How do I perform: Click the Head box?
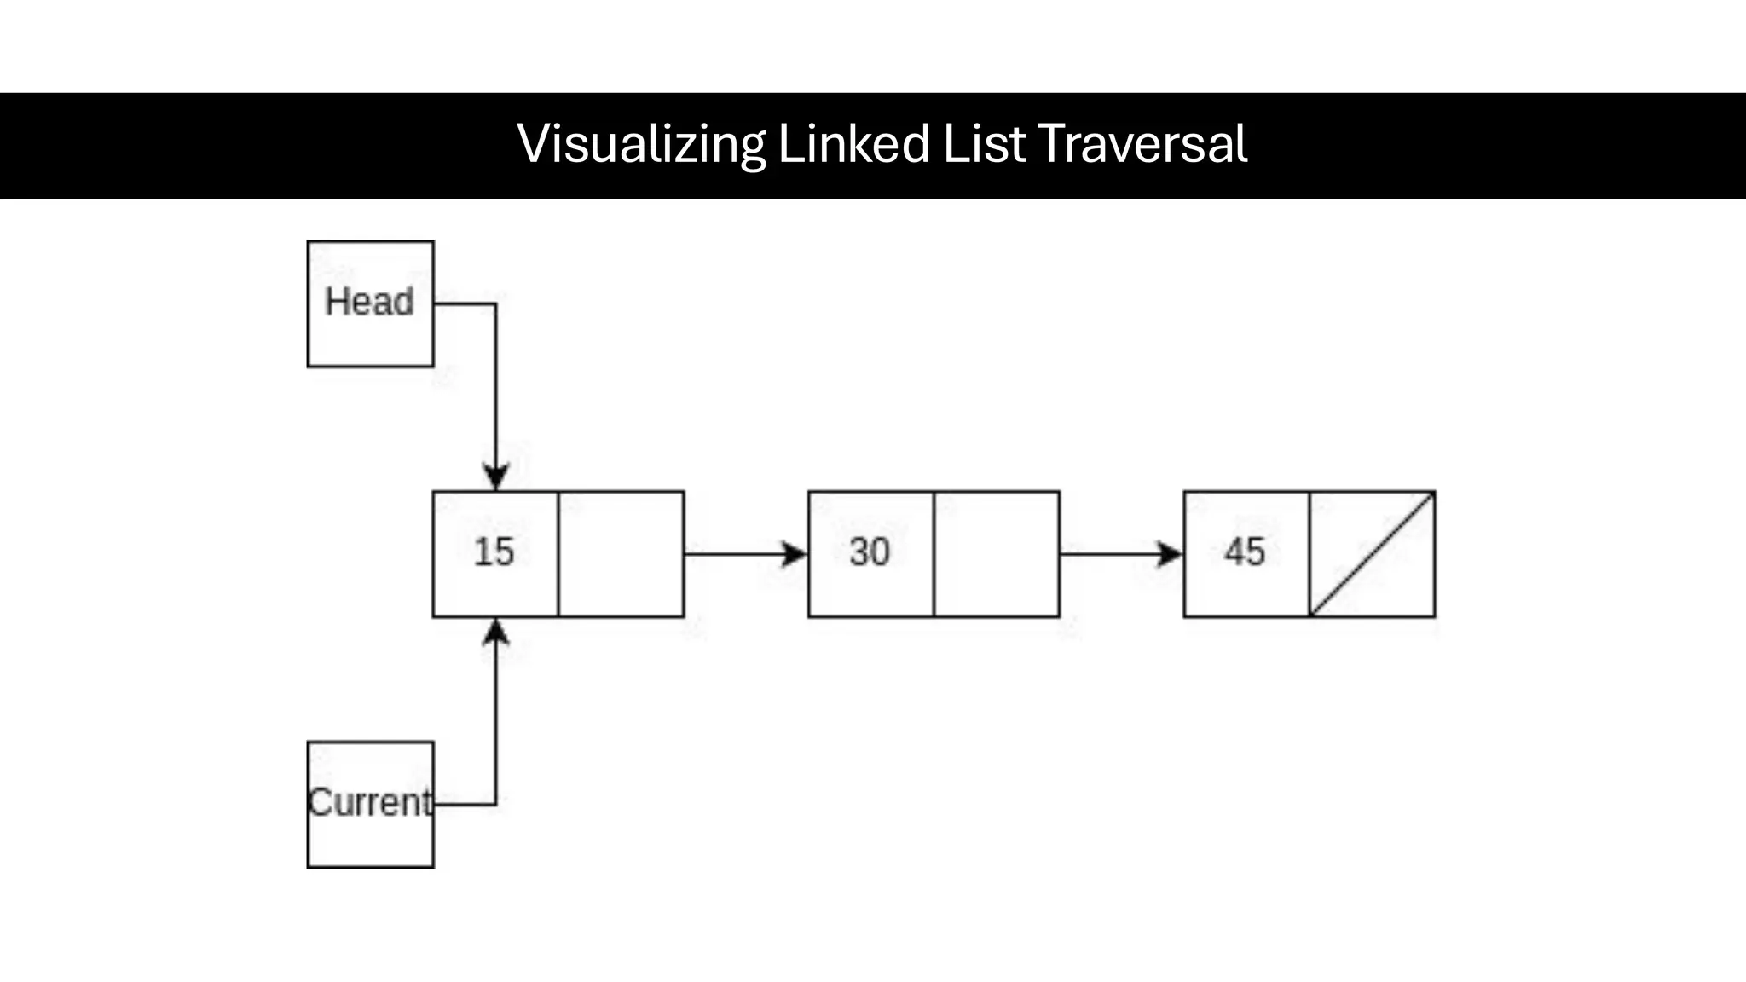click(x=370, y=303)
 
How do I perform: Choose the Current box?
click(x=370, y=804)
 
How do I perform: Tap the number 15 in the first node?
click(x=494, y=552)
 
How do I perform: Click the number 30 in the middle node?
click(x=870, y=552)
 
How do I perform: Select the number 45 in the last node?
click(x=1245, y=552)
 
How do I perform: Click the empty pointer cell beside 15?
click(x=621, y=554)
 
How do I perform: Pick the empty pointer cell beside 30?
click(x=997, y=554)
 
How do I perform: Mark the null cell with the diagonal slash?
click(x=1373, y=554)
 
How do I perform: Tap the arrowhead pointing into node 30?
click(x=795, y=554)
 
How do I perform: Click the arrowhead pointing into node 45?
click(x=1171, y=554)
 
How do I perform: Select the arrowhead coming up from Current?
click(x=496, y=632)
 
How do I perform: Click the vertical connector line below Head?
click(x=496, y=384)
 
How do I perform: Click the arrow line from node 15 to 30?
click(x=733, y=554)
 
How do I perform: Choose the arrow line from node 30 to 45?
click(x=1108, y=554)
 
